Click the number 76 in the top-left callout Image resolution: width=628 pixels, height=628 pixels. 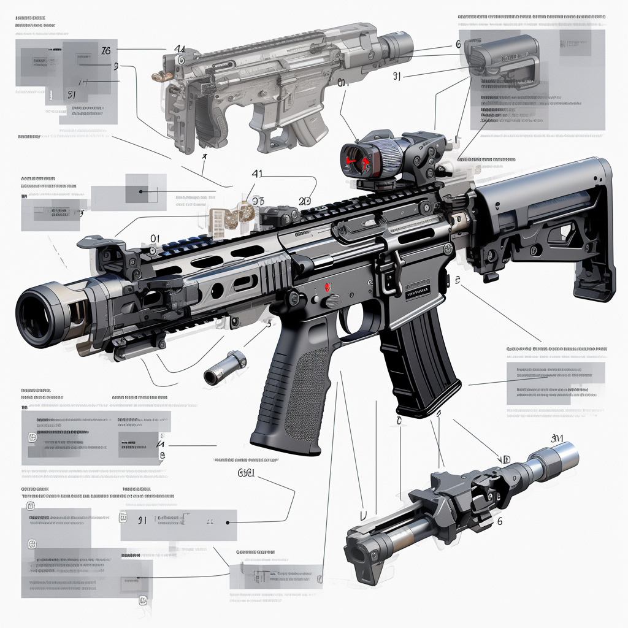pos(106,50)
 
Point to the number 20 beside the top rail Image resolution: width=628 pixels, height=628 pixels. pos(305,201)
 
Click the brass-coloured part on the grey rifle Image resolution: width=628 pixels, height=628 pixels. pos(162,77)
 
